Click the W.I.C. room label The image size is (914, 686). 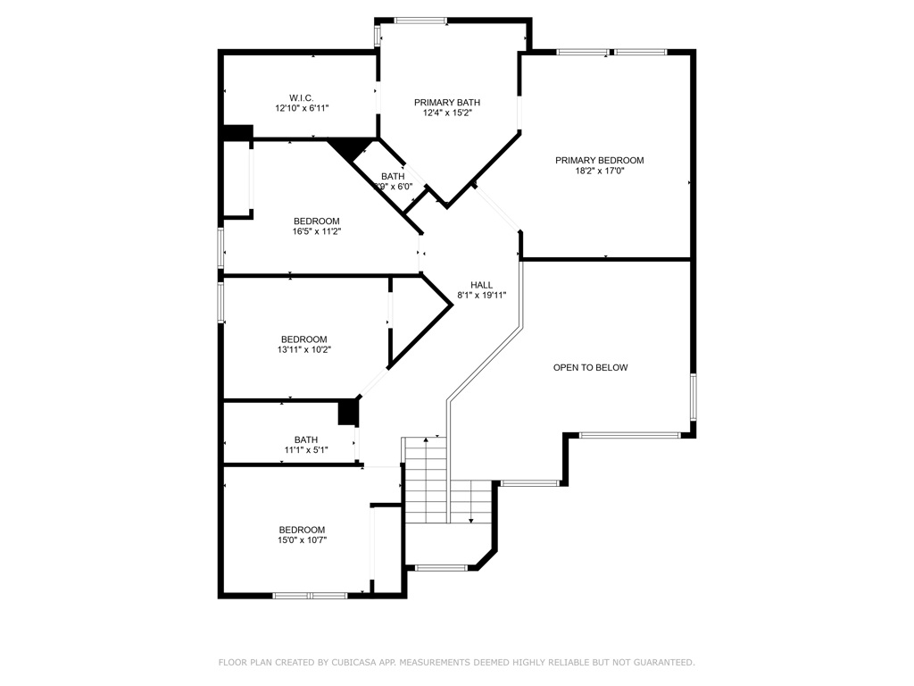[x=301, y=97]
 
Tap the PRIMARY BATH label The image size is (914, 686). [x=447, y=103]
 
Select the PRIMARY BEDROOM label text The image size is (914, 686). [x=599, y=161]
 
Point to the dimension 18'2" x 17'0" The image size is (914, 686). [x=599, y=171]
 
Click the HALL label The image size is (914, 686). [x=482, y=285]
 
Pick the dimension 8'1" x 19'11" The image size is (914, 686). [x=482, y=296]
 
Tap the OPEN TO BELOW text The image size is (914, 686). [x=590, y=367]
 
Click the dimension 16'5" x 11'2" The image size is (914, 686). [x=317, y=231]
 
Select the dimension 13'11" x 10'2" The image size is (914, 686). [x=303, y=350]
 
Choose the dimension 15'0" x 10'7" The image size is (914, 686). [x=302, y=540]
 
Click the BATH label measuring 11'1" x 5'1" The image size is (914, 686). [x=306, y=439]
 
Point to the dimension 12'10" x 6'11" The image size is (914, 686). [x=302, y=108]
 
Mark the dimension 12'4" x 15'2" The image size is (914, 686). [x=447, y=113]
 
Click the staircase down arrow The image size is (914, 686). [x=469, y=513]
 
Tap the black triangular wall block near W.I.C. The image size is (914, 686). [x=353, y=147]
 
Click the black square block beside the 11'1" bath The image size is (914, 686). [x=348, y=413]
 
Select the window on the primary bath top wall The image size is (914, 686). [x=420, y=21]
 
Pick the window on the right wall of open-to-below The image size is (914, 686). [x=693, y=397]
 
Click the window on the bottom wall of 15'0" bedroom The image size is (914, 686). [x=310, y=595]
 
